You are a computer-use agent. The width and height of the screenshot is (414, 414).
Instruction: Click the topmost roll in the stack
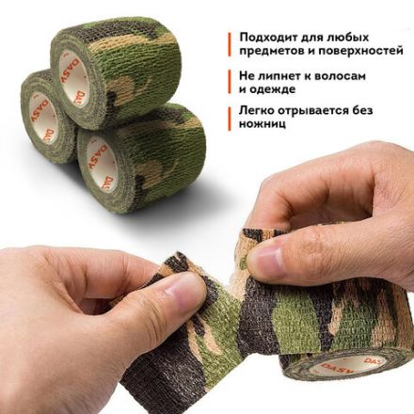122,66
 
